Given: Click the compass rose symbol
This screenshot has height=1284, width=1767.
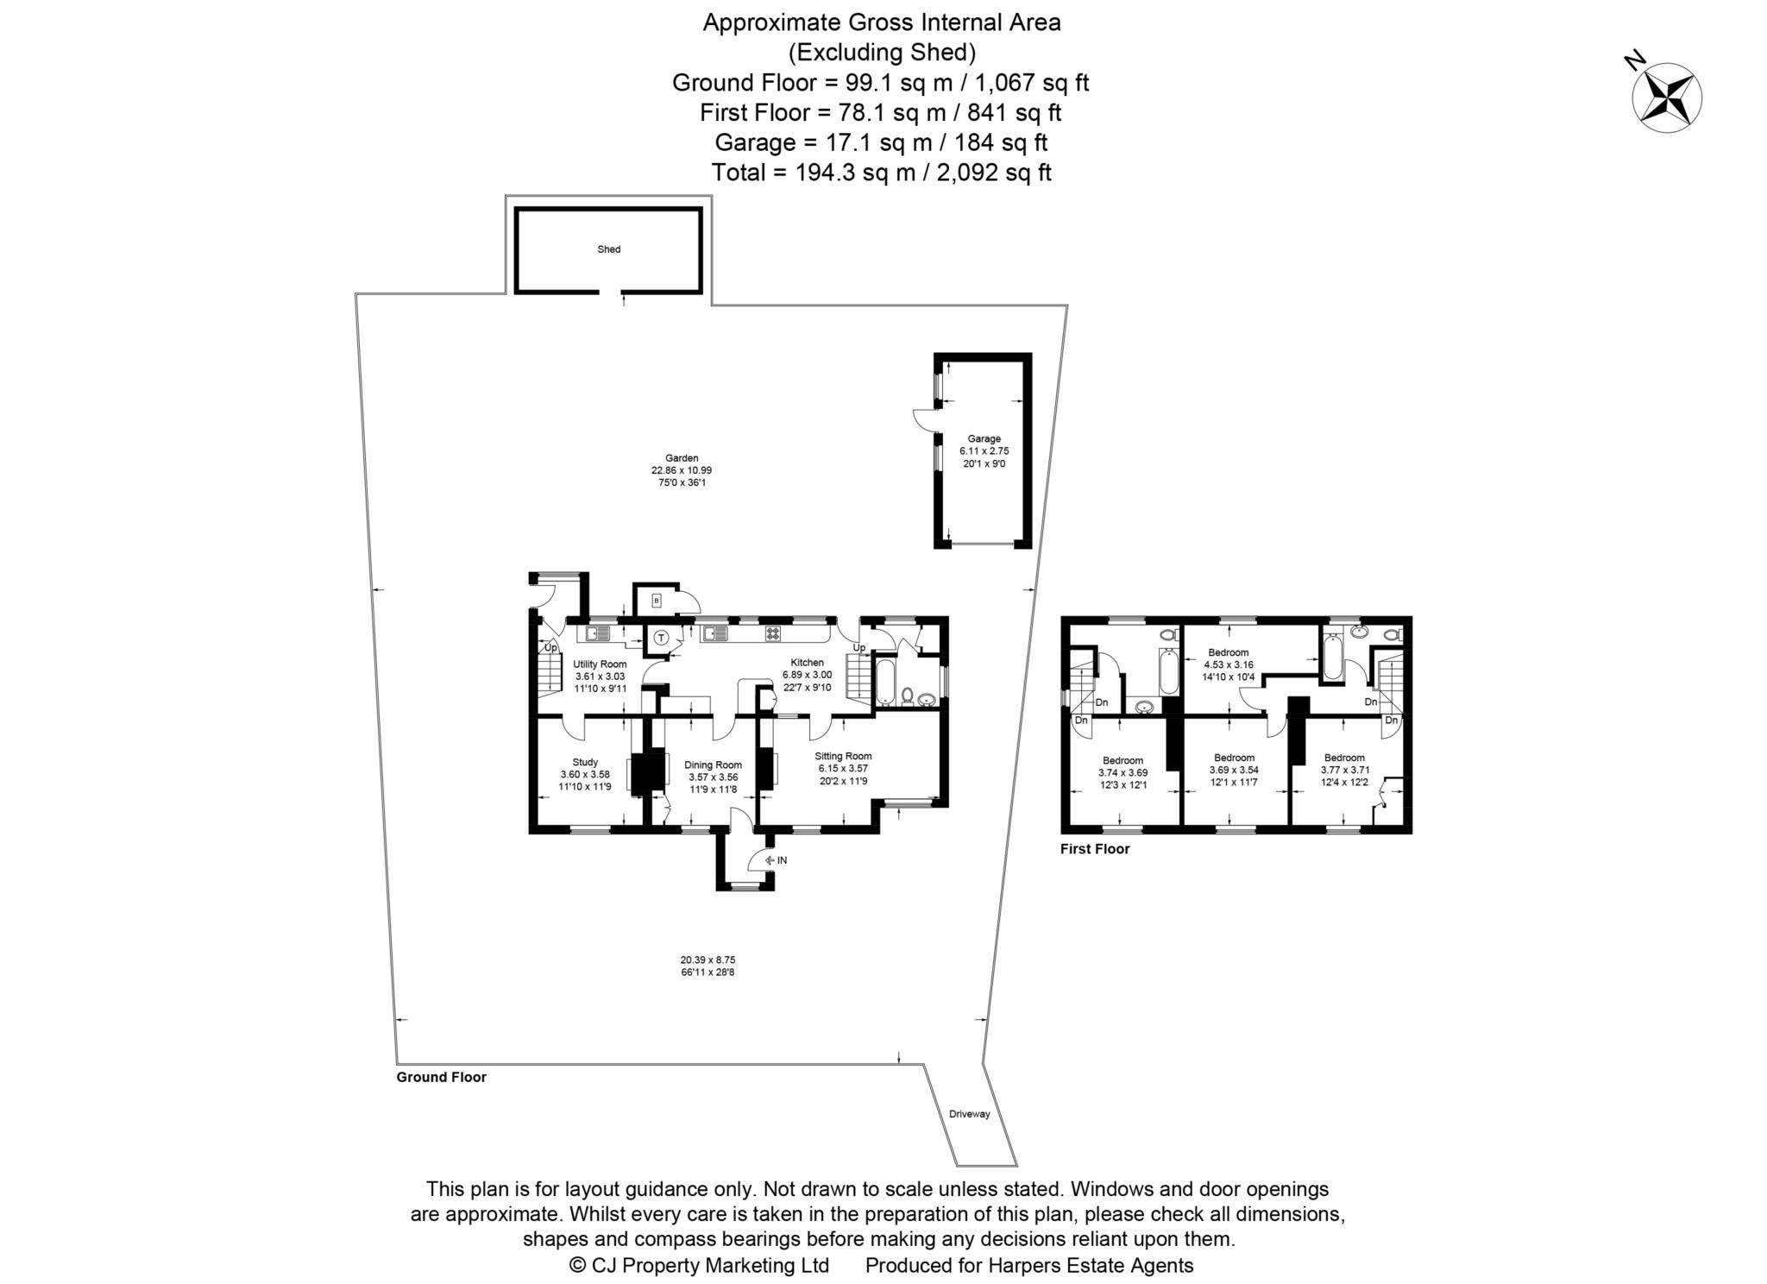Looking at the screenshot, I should [x=1666, y=98].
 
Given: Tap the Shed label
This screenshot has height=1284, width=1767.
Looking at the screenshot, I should [x=608, y=249].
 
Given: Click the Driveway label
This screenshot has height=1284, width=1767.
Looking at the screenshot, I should [x=969, y=1114].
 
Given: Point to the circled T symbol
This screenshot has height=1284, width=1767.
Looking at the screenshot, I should [x=661, y=638].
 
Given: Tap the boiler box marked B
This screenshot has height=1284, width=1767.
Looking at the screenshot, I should [x=656, y=600].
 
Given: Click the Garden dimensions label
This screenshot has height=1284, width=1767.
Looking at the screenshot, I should [x=681, y=470].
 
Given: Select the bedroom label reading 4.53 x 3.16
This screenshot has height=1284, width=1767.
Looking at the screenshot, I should [x=1228, y=664].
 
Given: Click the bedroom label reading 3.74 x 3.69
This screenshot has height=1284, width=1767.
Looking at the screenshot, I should [x=1122, y=772].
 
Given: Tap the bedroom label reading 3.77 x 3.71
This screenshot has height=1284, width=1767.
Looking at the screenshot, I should [x=1344, y=769].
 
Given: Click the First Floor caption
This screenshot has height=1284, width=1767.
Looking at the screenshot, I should [x=1094, y=849].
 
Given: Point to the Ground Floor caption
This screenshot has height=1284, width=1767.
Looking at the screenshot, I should [x=441, y=1077].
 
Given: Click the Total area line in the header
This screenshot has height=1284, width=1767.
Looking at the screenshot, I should [x=881, y=173].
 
